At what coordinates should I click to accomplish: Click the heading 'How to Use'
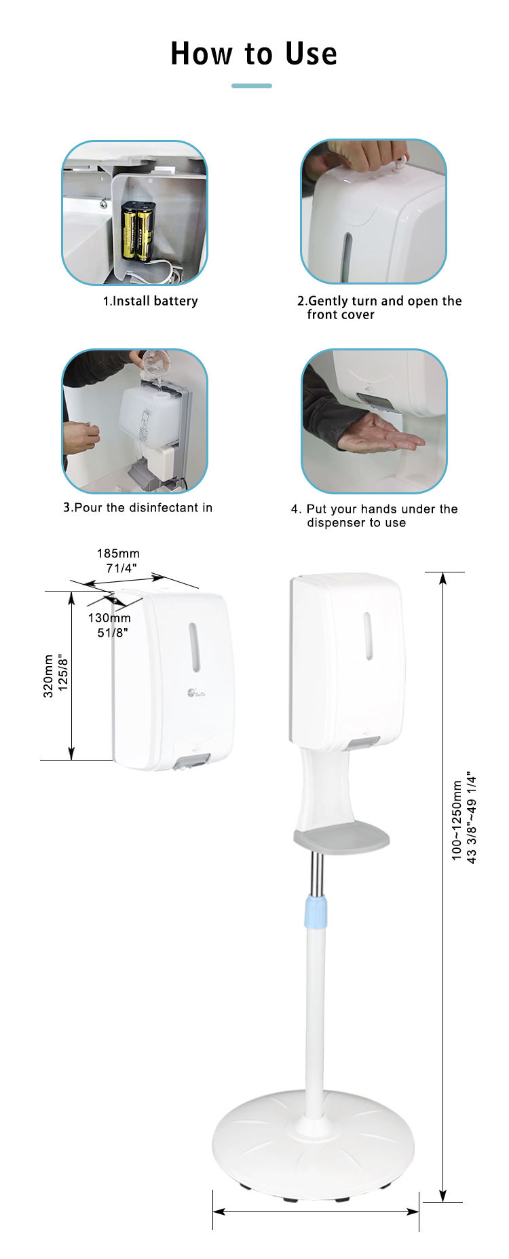pos(254,54)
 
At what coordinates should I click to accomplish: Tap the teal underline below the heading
pos(252,86)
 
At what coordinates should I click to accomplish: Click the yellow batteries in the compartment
pos(138,231)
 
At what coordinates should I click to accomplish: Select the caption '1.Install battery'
pos(150,301)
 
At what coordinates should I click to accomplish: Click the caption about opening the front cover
pos(379,308)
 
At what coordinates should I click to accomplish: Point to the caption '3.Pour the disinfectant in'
pos(138,507)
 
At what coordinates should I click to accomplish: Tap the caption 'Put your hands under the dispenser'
pos(375,515)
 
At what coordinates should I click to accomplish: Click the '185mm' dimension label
pos(118,553)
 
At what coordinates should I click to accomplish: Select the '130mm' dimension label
pos(109,618)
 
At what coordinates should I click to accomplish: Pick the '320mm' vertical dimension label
pos(48,676)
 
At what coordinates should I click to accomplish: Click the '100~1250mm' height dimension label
pos(457,820)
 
